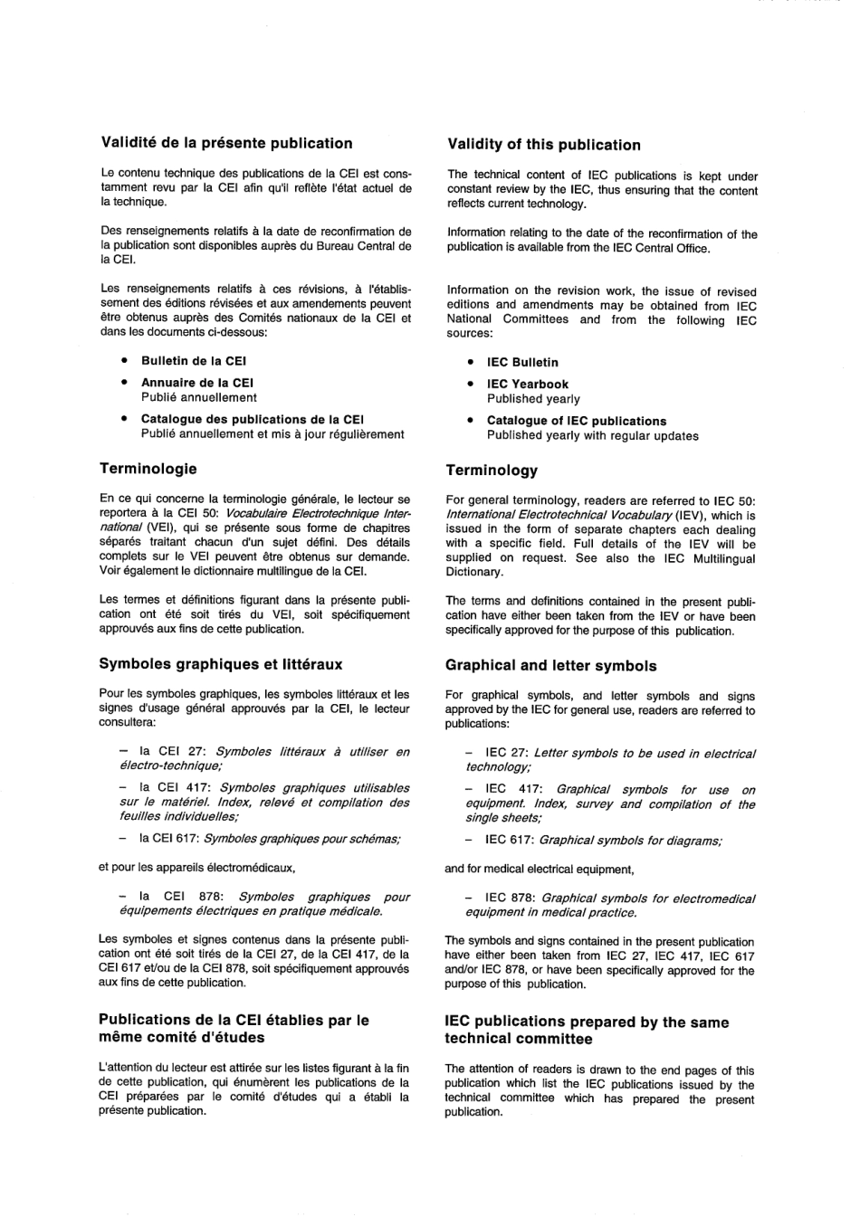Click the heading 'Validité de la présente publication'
[226, 143]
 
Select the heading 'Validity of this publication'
[543, 145]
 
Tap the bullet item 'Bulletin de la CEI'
[193, 360]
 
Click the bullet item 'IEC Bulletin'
[522, 362]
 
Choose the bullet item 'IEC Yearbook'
[528, 384]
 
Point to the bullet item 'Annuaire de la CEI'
[196, 382]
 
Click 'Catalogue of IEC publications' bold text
[576, 421]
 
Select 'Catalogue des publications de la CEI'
[252, 419]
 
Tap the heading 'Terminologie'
[148, 469]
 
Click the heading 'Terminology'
[492, 471]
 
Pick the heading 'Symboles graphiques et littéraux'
[220, 664]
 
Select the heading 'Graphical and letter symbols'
[550, 666]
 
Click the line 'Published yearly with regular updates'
[592, 435]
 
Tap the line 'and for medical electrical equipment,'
[539, 870]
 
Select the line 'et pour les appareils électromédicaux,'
[196, 868]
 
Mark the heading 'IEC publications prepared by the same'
[587, 1022]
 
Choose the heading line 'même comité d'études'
[181, 1037]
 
